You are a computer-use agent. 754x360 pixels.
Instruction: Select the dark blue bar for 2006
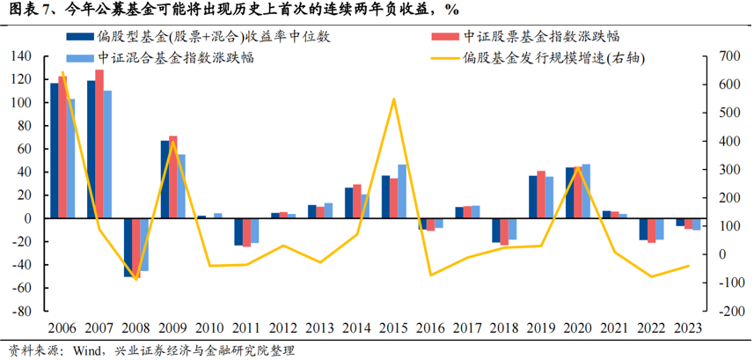pos(54,151)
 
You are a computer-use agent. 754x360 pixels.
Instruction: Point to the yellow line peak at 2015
pos(393,99)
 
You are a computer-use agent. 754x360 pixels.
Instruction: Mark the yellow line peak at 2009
pos(173,117)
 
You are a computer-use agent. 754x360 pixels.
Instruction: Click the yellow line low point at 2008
pos(136,279)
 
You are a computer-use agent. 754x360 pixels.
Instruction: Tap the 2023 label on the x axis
pos(686,328)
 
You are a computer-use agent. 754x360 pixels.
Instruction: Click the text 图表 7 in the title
pos(26,10)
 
